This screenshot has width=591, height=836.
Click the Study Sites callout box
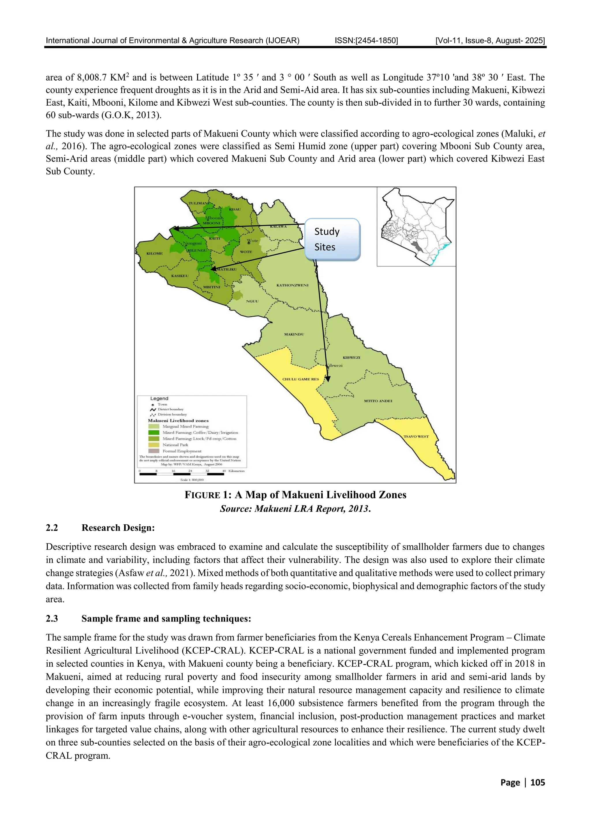point(332,239)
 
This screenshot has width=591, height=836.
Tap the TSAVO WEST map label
point(416,436)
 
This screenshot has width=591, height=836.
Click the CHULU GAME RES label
point(300,379)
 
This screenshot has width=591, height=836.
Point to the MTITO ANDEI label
point(378,401)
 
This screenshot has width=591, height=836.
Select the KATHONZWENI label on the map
point(292,285)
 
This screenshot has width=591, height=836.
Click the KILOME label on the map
point(154,253)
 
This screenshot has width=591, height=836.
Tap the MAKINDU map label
point(294,334)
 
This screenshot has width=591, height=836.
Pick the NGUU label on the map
point(252,301)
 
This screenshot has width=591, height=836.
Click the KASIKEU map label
point(180,276)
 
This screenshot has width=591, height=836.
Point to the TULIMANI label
point(199,203)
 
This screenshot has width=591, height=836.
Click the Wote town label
point(253,241)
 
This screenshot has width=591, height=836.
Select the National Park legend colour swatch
point(153,445)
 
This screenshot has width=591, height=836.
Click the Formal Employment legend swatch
point(153,451)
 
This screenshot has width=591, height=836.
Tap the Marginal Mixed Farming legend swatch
point(153,427)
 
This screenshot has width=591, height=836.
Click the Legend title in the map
point(159,398)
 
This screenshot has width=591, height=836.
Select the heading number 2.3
point(52,619)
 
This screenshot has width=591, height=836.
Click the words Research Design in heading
point(118,528)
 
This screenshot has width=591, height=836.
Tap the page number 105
point(538,783)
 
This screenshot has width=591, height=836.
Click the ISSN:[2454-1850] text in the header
point(366,41)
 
